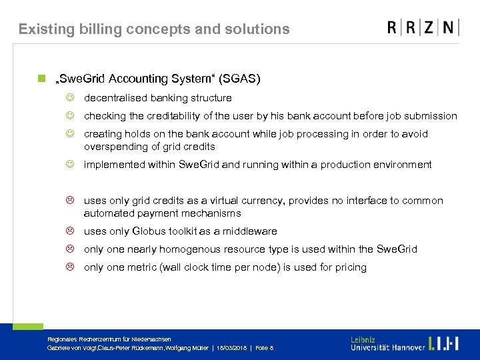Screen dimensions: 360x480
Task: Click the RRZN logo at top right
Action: coord(423,27)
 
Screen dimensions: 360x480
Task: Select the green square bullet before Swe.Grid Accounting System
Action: coord(41,79)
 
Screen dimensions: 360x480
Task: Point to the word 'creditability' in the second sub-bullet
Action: coord(155,116)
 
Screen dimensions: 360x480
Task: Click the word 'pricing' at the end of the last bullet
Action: coord(351,267)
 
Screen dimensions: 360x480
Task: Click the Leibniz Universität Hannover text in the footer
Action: coord(387,343)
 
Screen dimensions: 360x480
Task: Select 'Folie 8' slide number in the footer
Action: coord(264,348)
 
